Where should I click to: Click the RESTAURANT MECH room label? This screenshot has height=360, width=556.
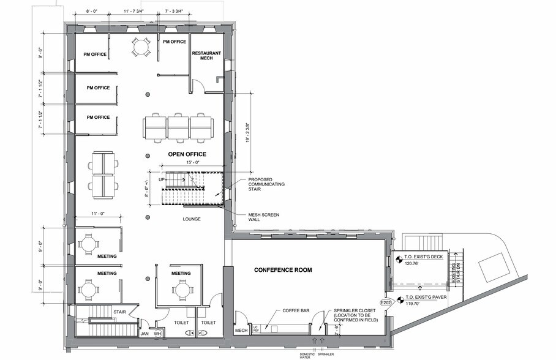point(206,56)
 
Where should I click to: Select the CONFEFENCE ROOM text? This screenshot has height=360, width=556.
point(284,269)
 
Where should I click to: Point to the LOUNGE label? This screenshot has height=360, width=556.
point(192,219)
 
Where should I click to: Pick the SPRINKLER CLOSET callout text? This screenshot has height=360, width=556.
point(355,315)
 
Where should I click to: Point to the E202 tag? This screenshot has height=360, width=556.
point(385,302)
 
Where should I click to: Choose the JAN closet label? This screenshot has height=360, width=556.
point(145,334)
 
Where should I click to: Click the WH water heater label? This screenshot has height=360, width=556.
point(157,334)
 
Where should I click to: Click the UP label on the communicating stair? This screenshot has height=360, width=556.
point(162,180)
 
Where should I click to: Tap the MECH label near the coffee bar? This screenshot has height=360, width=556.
point(240,332)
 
